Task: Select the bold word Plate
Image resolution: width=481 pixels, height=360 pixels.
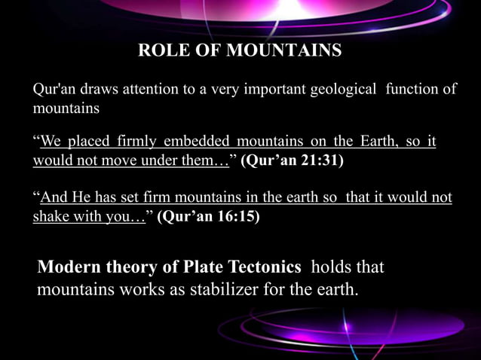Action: [198, 267]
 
